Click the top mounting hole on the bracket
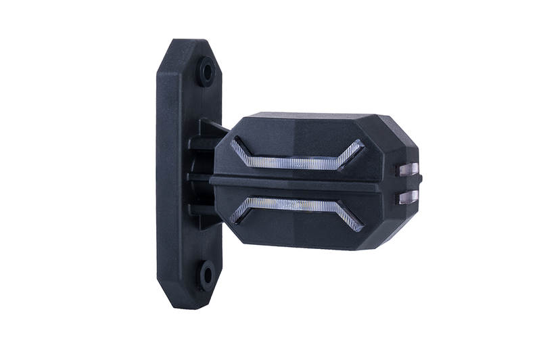pyautogui.click(x=206, y=72)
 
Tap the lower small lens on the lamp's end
pyautogui.click(x=410, y=196)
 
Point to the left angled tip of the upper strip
pyautogui.click(x=238, y=146)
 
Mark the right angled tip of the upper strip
pyautogui.click(x=356, y=148)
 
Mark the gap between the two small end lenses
pyautogui.click(x=410, y=183)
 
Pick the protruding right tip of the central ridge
pyautogui.click(x=418, y=179)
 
